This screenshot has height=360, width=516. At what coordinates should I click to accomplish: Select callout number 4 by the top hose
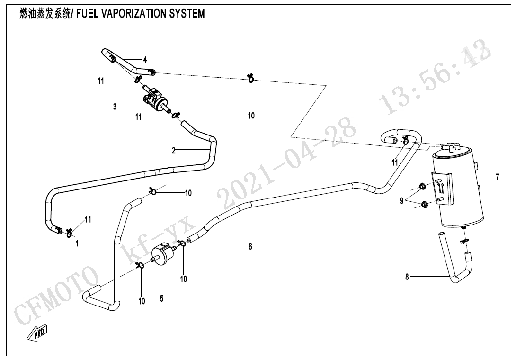(x=145, y=60)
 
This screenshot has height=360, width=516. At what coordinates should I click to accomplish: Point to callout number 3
(x=115, y=107)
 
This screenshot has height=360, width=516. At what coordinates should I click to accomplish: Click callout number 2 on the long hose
(x=174, y=151)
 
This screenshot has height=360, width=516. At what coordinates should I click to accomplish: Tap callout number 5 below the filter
(x=161, y=299)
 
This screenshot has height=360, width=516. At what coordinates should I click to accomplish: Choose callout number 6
(x=250, y=246)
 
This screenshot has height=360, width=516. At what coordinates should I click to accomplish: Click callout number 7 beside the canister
(x=497, y=178)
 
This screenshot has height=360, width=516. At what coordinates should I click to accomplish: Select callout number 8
(x=407, y=277)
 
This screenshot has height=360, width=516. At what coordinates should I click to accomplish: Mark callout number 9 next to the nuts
(x=401, y=201)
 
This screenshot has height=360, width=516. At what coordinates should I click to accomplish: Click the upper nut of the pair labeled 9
(x=421, y=185)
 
